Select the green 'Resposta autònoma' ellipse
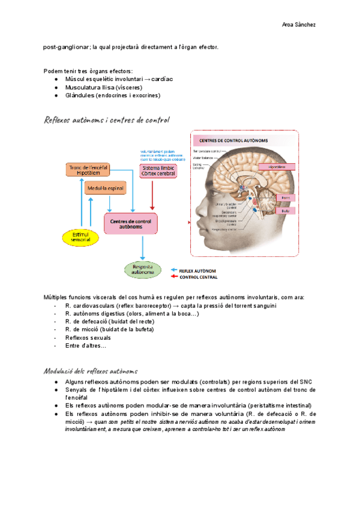click(143, 270)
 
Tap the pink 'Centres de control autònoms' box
click(130, 224)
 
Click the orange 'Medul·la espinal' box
click(106, 188)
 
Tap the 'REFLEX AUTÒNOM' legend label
click(199, 271)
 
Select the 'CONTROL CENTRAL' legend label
click(199, 277)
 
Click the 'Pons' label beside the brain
click(285, 197)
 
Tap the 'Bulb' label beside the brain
click(285, 211)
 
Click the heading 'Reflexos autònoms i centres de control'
click(106, 120)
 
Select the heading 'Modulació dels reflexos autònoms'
click(91, 371)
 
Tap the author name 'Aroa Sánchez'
click(298, 25)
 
